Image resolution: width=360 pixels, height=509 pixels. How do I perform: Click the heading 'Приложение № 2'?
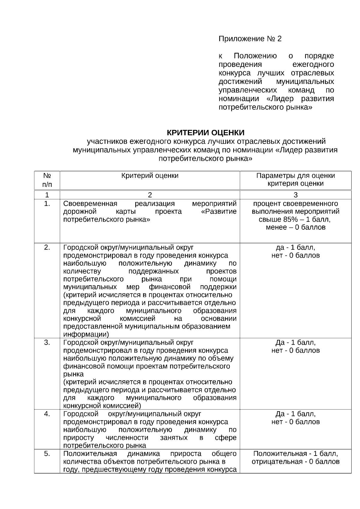[250, 39]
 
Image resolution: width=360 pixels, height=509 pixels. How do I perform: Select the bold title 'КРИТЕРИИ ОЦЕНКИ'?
[205, 133]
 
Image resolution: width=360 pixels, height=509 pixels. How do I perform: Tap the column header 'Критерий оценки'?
[150, 176]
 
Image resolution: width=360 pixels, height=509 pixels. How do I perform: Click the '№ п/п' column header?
[47, 180]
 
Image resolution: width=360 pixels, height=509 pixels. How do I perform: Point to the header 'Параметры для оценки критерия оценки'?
[295, 180]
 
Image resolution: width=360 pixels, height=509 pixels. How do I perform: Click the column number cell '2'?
[150, 195]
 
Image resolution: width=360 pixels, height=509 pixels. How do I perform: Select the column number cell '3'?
[295, 195]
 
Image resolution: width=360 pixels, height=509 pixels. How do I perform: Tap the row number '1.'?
[47, 204]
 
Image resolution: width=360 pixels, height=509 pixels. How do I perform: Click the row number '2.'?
[47, 248]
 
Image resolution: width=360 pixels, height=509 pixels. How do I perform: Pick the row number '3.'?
[47, 343]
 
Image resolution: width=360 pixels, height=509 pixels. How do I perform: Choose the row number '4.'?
[47, 414]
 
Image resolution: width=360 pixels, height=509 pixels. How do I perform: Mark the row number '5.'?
[47, 454]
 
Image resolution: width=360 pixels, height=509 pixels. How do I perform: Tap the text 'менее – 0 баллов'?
[295, 227]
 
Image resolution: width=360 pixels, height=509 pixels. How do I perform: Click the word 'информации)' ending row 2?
[86, 334]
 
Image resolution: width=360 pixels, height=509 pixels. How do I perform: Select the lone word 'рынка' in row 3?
[73, 374]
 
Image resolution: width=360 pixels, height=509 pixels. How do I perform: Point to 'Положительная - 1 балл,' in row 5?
[295, 454]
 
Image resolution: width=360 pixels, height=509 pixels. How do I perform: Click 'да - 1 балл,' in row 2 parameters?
[295, 248]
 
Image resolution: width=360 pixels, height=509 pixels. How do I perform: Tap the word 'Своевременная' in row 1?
[90, 204]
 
